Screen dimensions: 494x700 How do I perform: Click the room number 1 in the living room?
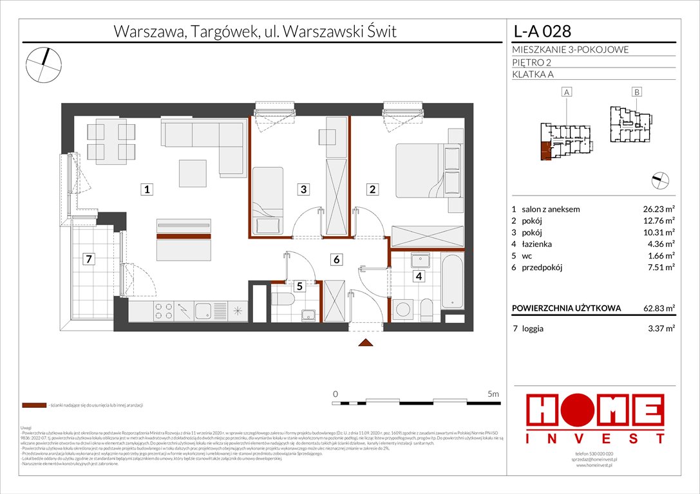(147, 189)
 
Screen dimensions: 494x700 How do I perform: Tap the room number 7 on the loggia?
(90, 260)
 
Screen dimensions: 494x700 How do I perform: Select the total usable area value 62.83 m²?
(657, 309)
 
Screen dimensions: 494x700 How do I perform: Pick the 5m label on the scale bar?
(493, 393)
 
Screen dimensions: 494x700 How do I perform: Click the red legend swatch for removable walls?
(33, 406)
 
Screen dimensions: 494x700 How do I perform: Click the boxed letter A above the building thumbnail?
(567, 93)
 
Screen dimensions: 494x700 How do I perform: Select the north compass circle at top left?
(44, 63)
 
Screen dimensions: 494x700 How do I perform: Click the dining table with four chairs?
(106, 141)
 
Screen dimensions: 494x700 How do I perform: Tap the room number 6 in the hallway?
(336, 260)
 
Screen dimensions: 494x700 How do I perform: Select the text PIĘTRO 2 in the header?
(531, 62)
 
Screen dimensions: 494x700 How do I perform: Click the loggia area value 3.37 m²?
(659, 328)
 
